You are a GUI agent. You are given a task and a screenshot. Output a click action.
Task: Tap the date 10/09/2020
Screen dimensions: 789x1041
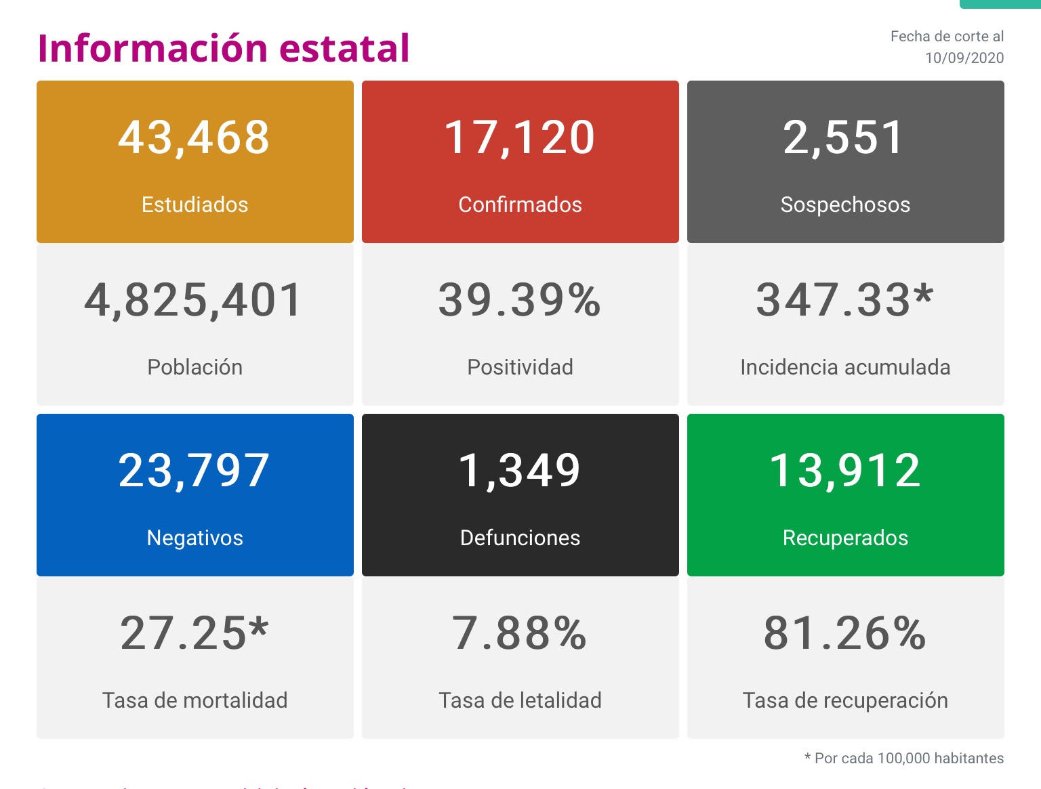point(964,58)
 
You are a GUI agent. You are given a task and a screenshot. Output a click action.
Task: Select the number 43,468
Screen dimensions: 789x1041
point(195,137)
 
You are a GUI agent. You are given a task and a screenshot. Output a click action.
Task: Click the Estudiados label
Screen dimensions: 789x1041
point(195,205)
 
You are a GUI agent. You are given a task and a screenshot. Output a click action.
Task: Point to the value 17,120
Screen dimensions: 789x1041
point(520,137)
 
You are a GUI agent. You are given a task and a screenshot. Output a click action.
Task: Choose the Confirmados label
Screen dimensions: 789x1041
point(520,205)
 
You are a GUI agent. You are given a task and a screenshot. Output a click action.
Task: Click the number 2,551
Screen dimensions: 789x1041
point(844,137)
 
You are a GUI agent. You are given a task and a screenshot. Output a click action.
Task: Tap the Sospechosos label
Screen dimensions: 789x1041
point(845,205)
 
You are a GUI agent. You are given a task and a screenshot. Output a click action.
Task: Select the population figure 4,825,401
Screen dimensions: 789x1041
point(194,300)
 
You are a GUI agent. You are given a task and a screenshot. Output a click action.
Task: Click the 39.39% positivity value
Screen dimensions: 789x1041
point(520,300)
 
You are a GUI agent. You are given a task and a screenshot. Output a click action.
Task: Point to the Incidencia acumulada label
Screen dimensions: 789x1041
point(845,367)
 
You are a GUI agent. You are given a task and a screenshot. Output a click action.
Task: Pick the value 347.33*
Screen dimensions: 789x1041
point(844,300)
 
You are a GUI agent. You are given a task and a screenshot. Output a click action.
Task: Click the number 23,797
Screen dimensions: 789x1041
point(195,471)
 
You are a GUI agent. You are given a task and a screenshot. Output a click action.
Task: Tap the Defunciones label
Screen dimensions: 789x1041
point(520,538)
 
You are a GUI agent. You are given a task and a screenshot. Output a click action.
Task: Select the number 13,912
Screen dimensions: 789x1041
point(845,471)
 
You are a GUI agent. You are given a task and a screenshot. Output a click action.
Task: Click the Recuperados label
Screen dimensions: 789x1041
point(845,538)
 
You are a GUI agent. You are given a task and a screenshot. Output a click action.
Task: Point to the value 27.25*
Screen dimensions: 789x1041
point(195,633)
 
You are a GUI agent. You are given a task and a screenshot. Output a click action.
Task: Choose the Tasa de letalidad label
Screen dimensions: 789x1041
point(520,700)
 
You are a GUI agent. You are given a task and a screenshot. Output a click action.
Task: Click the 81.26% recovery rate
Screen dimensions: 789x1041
point(844,633)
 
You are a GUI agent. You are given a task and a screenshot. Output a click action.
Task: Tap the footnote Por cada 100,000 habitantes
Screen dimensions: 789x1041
point(908,759)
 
